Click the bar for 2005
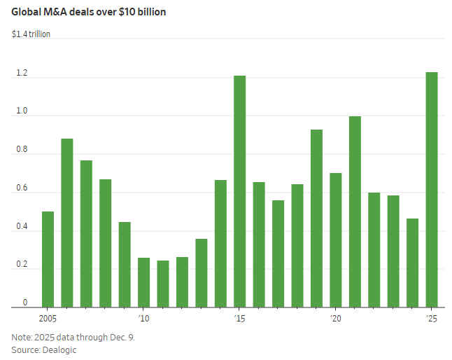(x=48, y=259)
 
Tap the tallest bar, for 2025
(x=432, y=189)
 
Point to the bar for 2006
(x=67, y=223)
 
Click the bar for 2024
(x=412, y=263)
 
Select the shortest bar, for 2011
(x=163, y=284)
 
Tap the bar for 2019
(x=316, y=218)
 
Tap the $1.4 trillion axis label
(x=31, y=34)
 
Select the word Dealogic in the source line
(x=59, y=349)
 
